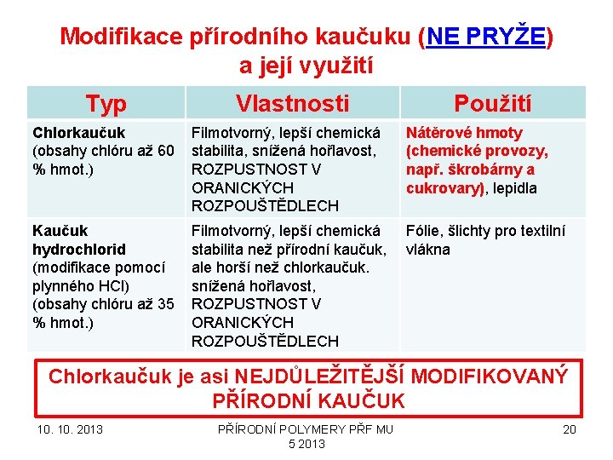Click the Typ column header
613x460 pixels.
(106, 104)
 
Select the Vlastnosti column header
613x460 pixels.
(292, 104)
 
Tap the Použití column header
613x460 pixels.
(492, 104)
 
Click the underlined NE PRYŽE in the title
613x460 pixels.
(487, 37)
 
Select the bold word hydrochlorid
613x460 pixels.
(78, 250)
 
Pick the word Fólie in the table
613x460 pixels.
(423, 231)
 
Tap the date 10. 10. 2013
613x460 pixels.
(69, 428)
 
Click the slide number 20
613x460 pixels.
(570, 428)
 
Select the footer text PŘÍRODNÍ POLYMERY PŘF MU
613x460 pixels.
(306, 428)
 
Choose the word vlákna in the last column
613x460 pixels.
(428, 250)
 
